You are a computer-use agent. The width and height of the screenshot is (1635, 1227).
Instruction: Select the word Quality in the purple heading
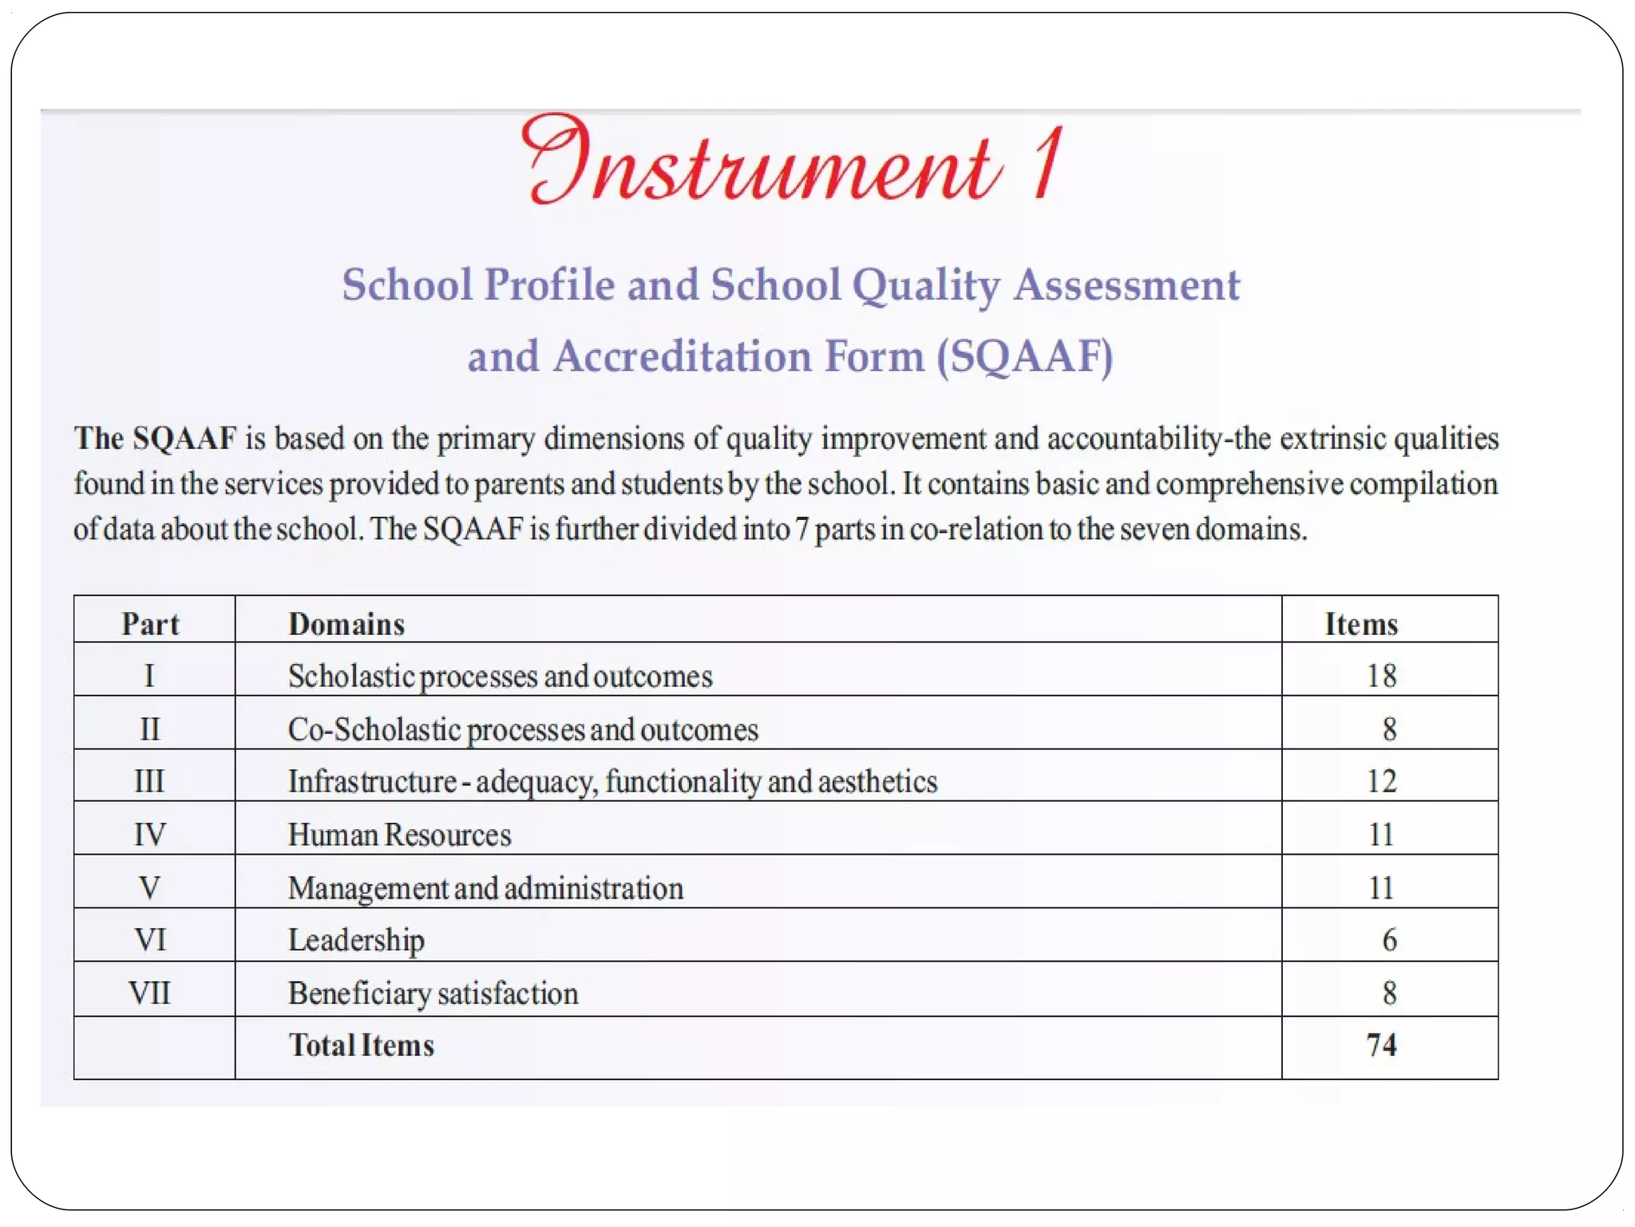[x=925, y=286]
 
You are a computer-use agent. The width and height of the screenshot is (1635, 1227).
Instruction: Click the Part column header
[x=150, y=624]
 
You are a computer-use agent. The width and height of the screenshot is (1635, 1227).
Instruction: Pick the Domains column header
[x=346, y=624]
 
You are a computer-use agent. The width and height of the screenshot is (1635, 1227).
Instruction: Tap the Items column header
[x=1361, y=624]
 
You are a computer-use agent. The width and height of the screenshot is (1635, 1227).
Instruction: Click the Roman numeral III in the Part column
[x=149, y=781]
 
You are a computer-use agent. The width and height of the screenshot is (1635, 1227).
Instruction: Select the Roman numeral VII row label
[x=149, y=993]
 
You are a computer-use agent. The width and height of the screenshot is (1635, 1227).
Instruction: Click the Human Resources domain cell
[x=399, y=835]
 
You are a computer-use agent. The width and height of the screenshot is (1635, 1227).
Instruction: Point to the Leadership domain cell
[x=356, y=940]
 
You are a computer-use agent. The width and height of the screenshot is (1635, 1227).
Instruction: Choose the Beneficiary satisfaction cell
[x=433, y=993]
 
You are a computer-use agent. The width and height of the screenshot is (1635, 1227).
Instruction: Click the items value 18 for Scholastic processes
[x=1381, y=676]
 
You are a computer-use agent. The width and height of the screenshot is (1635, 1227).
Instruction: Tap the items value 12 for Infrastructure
[x=1381, y=781]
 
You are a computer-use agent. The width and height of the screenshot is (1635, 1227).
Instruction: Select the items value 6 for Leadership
[x=1389, y=940]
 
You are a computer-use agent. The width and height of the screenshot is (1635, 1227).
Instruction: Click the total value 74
[x=1381, y=1045]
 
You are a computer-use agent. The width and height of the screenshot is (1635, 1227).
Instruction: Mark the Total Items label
[x=361, y=1045]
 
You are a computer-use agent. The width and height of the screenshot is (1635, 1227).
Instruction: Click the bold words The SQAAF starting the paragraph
[x=155, y=439]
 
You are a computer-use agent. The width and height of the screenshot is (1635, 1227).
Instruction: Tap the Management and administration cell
[x=485, y=888]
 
